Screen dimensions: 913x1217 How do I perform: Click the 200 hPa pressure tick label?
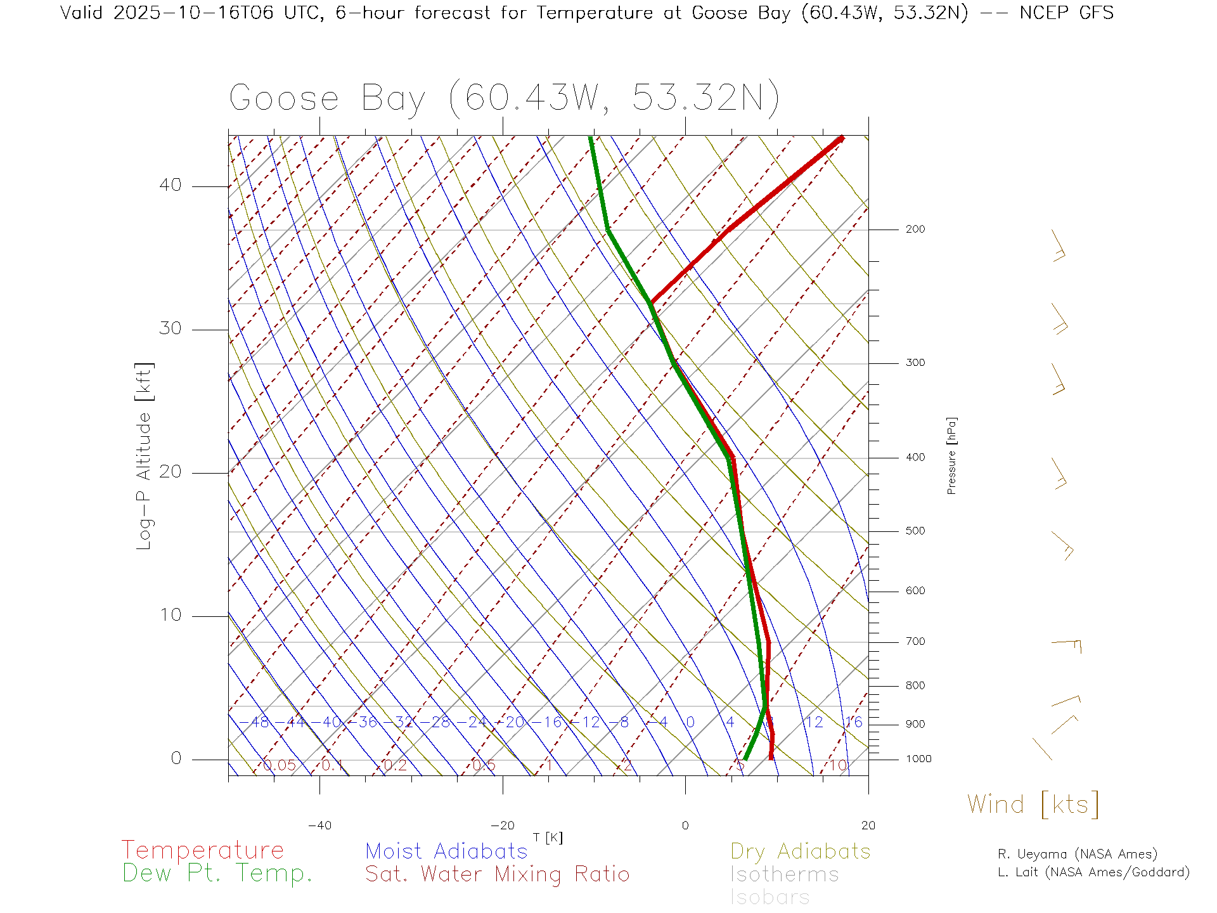[x=915, y=230]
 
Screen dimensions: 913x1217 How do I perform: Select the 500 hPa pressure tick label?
[x=915, y=531]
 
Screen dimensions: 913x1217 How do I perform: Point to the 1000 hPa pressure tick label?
[x=918, y=759]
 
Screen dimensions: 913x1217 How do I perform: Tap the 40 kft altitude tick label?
[x=170, y=185]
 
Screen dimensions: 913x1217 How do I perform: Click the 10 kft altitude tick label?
[x=170, y=615]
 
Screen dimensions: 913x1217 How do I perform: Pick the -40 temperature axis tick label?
[x=319, y=826]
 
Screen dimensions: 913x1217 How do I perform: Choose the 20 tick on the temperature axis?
[x=868, y=826]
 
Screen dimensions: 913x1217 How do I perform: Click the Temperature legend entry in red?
[x=203, y=850]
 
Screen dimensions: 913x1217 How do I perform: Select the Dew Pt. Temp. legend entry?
[x=217, y=874]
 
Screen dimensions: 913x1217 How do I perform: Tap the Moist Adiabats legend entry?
[x=447, y=851]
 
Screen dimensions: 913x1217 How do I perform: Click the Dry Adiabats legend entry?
[x=801, y=851]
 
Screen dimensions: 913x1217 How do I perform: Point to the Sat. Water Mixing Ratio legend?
[x=498, y=874]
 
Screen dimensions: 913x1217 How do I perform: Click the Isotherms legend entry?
[x=785, y=874]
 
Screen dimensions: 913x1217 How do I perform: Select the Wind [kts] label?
[x=1033, y=805]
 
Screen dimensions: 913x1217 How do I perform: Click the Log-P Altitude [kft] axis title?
[x=145, y=456]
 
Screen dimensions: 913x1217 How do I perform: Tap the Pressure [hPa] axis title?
[x=951, y=456]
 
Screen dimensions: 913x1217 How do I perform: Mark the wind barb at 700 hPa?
[x=1067, y=645]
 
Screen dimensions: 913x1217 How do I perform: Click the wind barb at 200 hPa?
[x=1059, y=246]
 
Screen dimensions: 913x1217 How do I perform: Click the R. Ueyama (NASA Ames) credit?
[x=1078, y=854]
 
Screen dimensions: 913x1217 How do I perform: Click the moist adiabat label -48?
[x=259, y=723]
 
